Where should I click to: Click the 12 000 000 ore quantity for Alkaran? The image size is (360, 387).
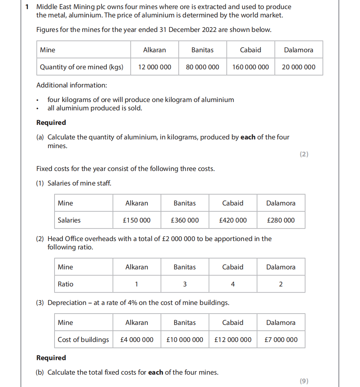(x=155, y=67)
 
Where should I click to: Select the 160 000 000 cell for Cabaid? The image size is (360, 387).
(x=251, y=67)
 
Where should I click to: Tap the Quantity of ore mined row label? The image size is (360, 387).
(x=81, y=67)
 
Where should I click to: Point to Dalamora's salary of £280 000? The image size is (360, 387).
(x=281, y=220)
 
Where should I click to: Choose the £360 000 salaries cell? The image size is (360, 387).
(x=185, y=220)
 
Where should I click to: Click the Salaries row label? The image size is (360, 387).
(x=69, y=220)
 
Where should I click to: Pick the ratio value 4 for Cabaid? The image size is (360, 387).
(x=233, y=284)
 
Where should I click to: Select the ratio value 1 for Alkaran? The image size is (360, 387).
(x=137, y=284)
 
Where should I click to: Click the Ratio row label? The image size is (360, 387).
(x=65, y=284)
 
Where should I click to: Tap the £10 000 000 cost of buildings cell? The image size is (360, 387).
(x=185, y=340)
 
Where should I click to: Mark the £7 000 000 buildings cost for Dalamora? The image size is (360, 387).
(x=281, y=340)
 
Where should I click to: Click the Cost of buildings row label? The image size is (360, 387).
(x=83, y=340)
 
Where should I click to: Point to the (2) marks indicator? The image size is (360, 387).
(x=304, y=154)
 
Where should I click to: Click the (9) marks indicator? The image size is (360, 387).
(x=304, y=381)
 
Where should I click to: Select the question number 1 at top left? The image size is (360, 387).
(x=27, y=7)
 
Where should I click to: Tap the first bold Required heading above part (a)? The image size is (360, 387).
(x=51, y=123)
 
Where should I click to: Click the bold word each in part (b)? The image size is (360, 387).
(x=155, y=372)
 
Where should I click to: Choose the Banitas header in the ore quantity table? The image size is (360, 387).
(x=202, y=50)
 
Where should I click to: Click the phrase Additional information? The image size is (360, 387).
(x=72, y=85)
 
